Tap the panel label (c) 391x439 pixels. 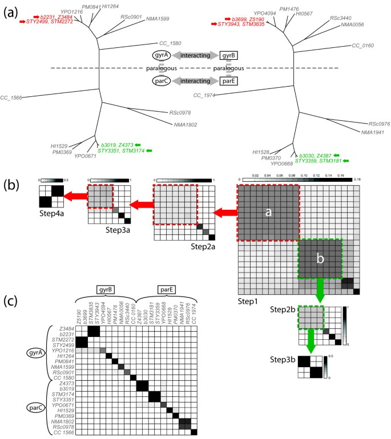coord(13,300)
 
